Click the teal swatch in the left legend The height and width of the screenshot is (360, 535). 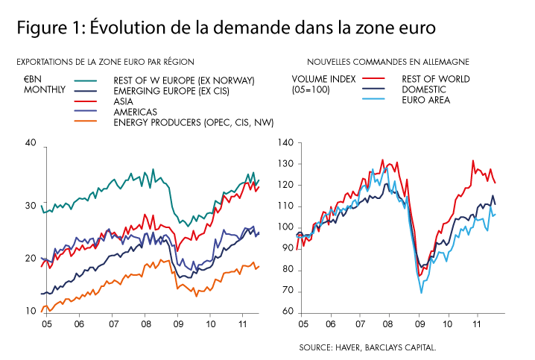coord(85,80)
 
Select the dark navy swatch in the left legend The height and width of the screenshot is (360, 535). coord(85,91)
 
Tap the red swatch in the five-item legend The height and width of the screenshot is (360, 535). coord(85,101)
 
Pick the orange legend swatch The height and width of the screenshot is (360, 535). coord(85,121)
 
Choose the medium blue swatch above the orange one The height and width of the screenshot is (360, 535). coord(85,110)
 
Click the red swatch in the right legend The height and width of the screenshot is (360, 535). coord(373,78)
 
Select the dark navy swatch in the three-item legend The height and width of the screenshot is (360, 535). coord(373,88)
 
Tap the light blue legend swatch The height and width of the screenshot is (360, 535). coord(373,98)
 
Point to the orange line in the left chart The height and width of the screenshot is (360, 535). coord(112,282)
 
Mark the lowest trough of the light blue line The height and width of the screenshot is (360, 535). coord(421,291)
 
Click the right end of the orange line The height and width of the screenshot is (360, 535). coord(259,266)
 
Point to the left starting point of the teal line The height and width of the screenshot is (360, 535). coord(41,206)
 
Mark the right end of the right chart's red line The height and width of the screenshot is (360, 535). coord(496,183)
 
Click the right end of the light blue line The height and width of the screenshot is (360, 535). coord(495,215)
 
